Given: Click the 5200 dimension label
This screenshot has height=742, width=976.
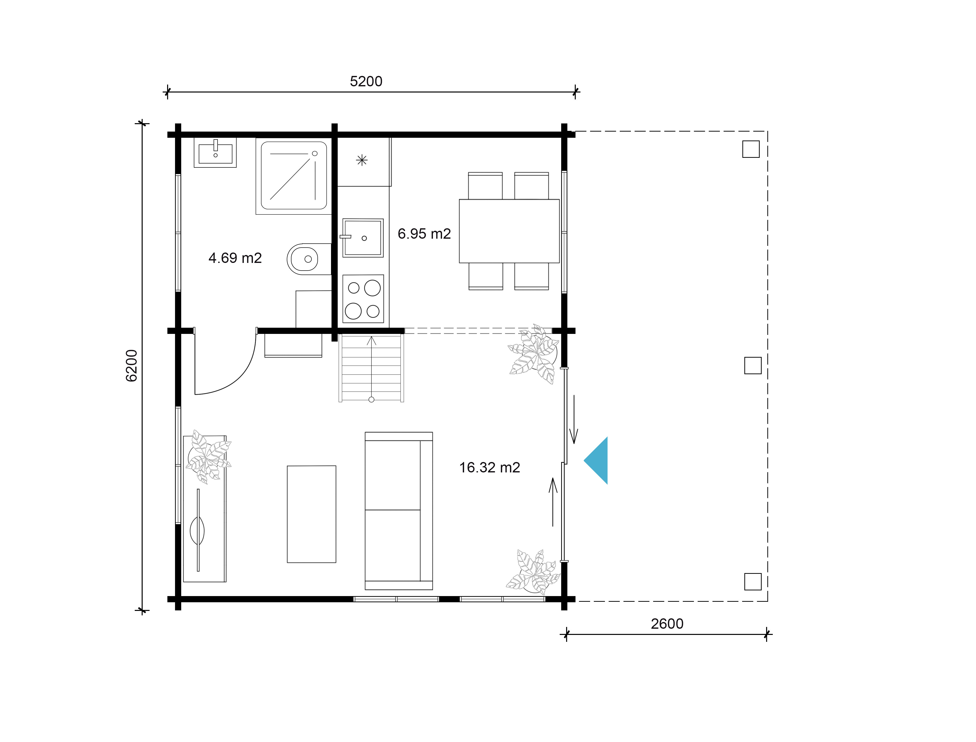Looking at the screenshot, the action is coord(366,81).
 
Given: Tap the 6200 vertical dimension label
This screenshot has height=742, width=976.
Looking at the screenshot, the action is coord(132,366).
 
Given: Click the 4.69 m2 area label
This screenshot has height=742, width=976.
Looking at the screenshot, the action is coord(235,258).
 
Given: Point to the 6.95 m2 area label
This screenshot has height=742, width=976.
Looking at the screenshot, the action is coord(424,234).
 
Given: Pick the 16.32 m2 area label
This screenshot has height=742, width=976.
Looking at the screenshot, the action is coord(489,467).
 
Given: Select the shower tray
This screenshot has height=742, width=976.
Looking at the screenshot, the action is coord(293,176).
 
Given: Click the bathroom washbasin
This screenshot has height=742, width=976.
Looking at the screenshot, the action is coord(215,152).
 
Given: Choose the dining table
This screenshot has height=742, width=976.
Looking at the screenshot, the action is coord(509,231).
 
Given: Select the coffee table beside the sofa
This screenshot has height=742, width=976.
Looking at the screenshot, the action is coord(312,514).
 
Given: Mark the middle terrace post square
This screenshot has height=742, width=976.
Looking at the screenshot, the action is coord(753,366).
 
